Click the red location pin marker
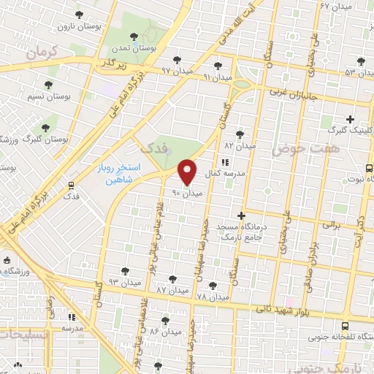(188, 172)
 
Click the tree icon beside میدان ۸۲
(240, 134)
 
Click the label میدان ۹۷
(176, 71)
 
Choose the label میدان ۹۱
(217, 76)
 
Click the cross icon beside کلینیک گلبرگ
(350, 119)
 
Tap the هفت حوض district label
(297, 149)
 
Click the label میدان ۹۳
(123, 281)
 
